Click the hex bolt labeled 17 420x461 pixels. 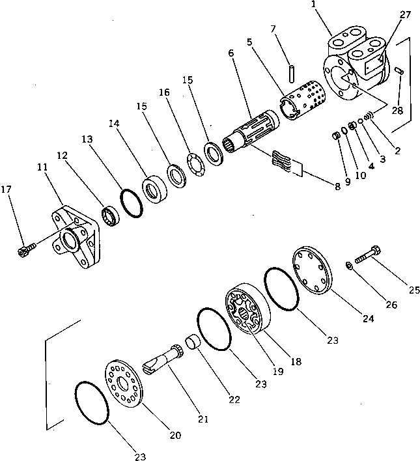click(x=27, y=249)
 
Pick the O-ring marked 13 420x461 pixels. click(x=132, y=203)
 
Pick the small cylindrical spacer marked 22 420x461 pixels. click(x=191, y=342)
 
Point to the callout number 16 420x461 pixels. click(x=164, y=92)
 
